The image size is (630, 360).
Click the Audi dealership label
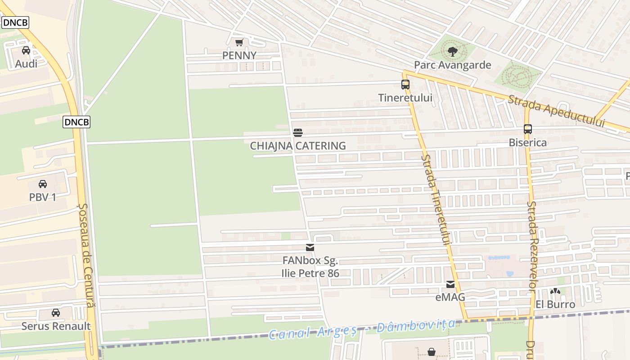click(x=26, y=64)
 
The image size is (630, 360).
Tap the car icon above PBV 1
click(x=43, y=184)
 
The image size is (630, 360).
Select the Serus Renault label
click(x=56, y=326)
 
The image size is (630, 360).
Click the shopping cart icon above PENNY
click(x=239, y=43)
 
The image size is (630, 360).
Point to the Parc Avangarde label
click(x=452, y=65)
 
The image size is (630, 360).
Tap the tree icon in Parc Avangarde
click(x=453, y=51)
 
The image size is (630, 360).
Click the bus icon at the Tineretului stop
click(x=405, y=85)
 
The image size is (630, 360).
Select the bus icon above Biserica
click(x=528, y=129)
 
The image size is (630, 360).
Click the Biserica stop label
click(x=528, y=143)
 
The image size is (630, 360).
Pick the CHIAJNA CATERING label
click(x=298, y=146)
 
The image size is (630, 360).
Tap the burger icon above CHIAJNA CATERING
click(x=298, y=132)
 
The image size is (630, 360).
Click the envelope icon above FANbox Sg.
click(x=310, y=247)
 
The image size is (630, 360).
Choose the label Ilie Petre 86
click(x=310, y=273)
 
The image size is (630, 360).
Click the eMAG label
click(x=450, y=297)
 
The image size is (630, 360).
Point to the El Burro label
click(x=555, y=305)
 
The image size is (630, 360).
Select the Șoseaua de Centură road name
click(x=86, y=255)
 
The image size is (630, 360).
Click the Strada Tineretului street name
click(x=436, y=199)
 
